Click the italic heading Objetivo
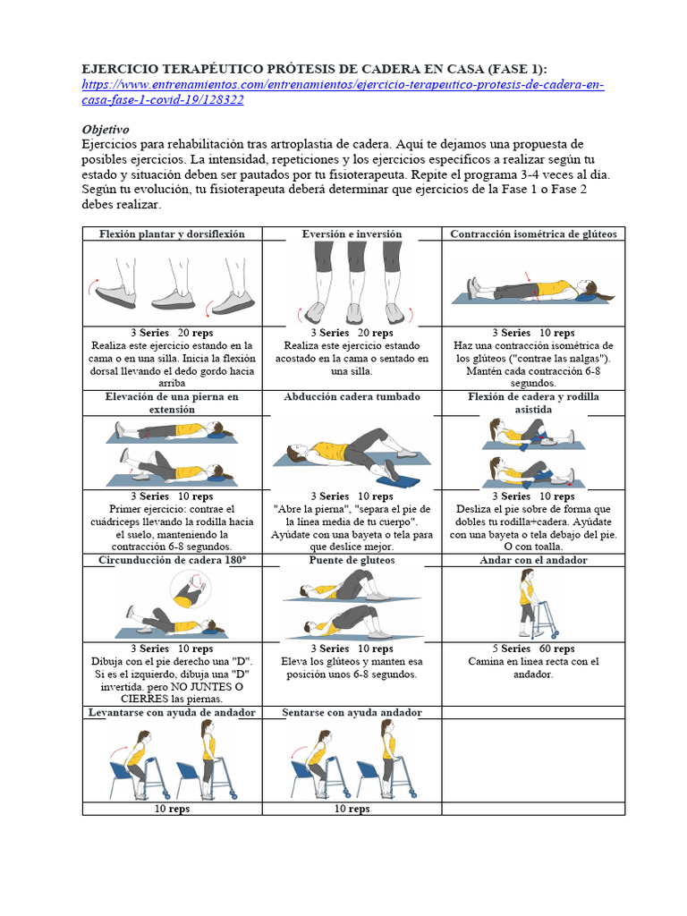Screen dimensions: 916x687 point(106,129)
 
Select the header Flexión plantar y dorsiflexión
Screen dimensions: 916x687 point(172,234)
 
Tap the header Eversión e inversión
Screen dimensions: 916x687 point(352,234)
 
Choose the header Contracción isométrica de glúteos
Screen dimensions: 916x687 point(533,234)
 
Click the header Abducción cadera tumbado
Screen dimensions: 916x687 point(352,396)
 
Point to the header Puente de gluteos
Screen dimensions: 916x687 point(352,560)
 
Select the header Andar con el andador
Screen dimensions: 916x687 point(533,560)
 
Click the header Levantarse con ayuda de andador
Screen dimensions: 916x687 point(172,712)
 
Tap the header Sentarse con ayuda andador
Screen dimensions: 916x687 point(352,712)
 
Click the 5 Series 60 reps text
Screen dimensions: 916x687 point(533,649)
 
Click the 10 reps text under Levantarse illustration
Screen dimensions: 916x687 point(172,809)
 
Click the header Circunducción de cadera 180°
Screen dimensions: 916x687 point(172,560)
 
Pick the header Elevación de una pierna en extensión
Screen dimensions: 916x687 point(172,403)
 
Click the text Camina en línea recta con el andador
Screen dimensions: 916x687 point(533,668)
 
